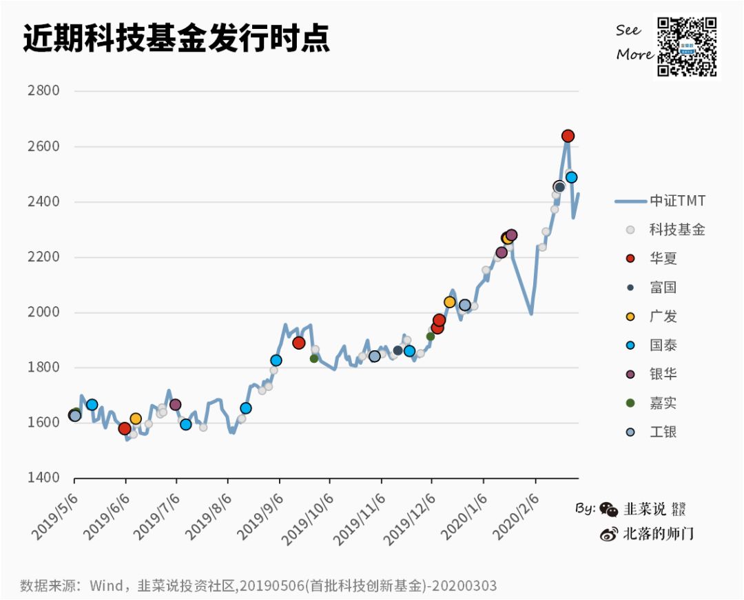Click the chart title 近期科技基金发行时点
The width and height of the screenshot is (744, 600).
click(x=176, y=39)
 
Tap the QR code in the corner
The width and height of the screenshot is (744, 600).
click(x=687, y=47)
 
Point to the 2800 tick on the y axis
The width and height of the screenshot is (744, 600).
click(x=43, y=91)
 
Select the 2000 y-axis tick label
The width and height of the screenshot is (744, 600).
click(x=43, y=312)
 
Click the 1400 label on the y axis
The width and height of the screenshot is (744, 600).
click(x=43, y=478)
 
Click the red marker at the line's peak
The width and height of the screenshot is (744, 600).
click(x=568, y=136)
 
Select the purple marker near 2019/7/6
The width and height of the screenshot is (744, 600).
click(x=175, y=405)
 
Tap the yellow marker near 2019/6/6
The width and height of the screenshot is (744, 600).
click(x=136, y=419)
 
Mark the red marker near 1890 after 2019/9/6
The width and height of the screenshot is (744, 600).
click(x=298, y=343)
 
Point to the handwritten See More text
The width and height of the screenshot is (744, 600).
click(x=633, y=42)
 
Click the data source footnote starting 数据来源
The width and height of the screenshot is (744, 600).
click(x=258, y=586)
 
